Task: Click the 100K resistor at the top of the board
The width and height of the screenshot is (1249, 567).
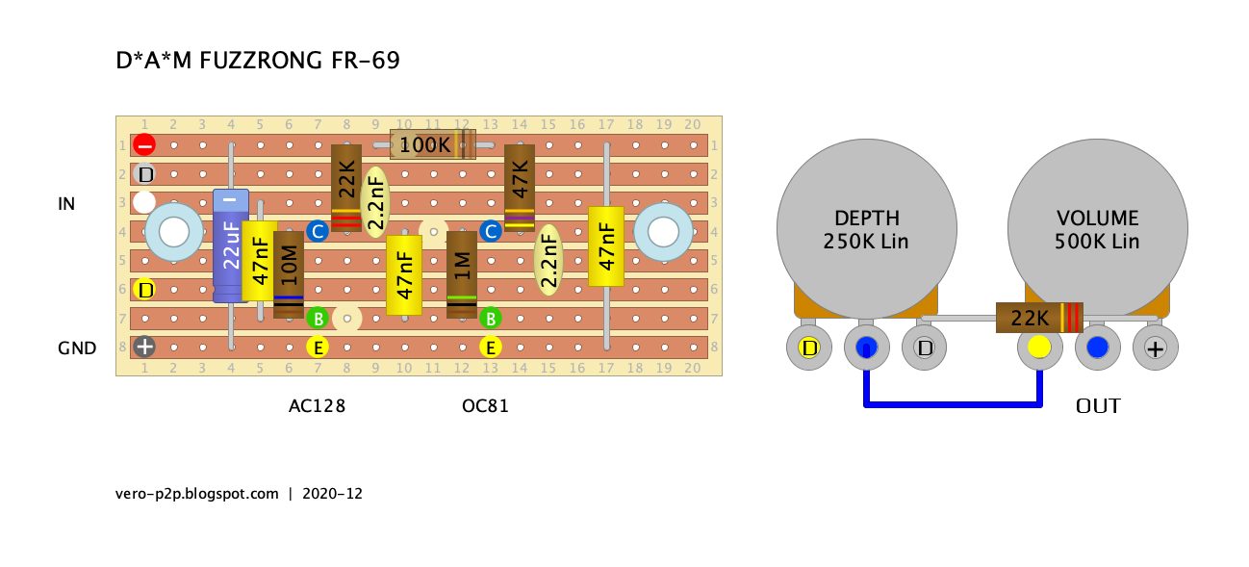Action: click(432, 145)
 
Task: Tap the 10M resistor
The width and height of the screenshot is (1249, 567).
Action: click(288, 273)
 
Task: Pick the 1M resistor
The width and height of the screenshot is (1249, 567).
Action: click(461, 273)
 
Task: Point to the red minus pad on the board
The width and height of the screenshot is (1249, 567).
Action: click(144, 145)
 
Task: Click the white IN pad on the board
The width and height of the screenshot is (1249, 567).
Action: click(144, 203)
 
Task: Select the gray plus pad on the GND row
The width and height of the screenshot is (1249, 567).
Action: click(144, 347)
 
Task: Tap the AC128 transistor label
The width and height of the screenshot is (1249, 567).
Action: click(317, 406)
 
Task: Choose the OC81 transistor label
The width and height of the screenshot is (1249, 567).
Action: click(485, 406)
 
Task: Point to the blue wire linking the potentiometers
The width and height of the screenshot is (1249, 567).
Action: click(953, 404)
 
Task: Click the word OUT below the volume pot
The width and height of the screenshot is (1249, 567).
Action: click(1098, 406)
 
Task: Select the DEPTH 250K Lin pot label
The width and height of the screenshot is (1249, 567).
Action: click(866, 230)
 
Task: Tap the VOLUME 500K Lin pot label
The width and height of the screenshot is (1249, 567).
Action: click(1097, 230)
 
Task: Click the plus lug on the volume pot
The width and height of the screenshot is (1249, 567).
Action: click(1155, 348)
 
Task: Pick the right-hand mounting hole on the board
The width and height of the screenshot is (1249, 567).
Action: click(663, 232)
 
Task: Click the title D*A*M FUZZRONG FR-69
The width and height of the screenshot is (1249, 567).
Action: click(258, 61)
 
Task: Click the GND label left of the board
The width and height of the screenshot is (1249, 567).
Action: click(77, 348)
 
